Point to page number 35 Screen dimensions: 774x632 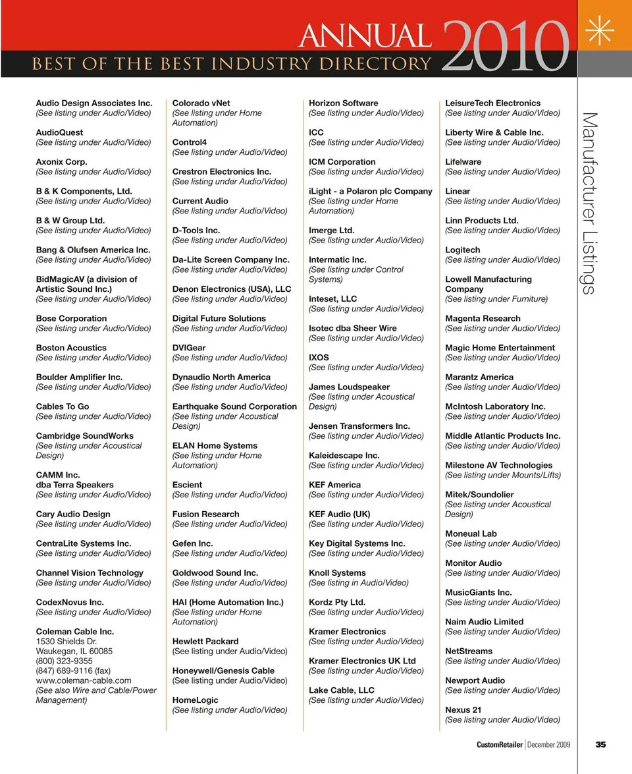600,744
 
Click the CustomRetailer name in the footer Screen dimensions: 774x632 500,744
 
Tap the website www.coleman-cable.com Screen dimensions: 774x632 84,680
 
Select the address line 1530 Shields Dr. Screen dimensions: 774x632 66,641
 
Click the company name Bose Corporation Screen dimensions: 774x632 71,318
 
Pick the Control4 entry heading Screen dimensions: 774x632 190,142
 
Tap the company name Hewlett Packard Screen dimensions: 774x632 205,641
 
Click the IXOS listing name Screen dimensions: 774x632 319,358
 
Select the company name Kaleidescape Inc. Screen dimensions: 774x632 344,455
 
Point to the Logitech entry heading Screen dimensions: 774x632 463,250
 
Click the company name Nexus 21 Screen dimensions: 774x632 463,710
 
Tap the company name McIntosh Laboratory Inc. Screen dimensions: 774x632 495,406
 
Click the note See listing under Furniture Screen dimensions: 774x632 496,299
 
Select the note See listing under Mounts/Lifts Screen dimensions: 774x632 503,475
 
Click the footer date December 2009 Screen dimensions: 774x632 549,744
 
